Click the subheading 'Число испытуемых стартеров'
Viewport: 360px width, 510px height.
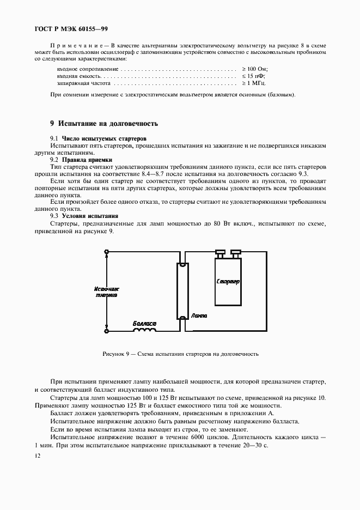point(104,139)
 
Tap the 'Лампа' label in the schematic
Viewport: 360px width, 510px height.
point(199,315)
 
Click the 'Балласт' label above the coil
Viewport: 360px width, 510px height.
point(144,324)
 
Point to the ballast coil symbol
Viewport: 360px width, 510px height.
point(144,330)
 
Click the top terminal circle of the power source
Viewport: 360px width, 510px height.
point(106,252)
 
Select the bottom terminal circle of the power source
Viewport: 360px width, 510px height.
point(106,331)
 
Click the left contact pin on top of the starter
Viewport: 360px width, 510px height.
point(220,252)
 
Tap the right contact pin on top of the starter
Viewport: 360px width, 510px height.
point(235,252)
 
